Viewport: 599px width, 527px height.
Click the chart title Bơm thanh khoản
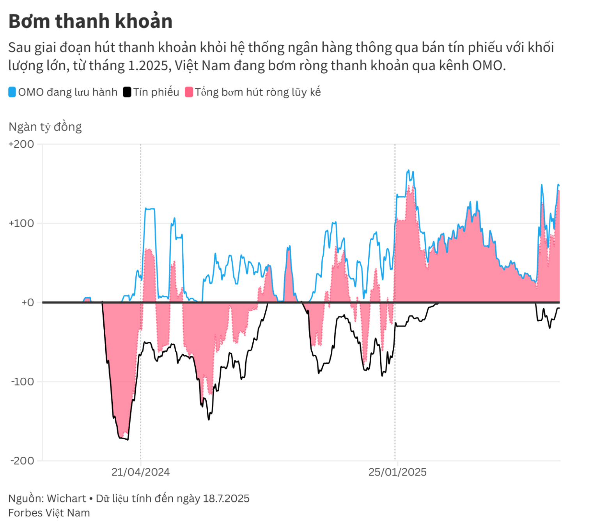pos(90,21)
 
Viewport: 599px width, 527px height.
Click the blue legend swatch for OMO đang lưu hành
pos(12,92)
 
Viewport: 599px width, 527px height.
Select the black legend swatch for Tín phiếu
pos(127,92)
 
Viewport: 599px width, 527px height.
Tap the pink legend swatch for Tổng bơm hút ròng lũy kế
pos(189,92)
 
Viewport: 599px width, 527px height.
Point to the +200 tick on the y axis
pos(21,144)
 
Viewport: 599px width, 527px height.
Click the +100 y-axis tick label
pos(21,223)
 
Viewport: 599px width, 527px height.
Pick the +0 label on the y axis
pos(27,302)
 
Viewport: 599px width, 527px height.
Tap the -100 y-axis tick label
pos(23,382)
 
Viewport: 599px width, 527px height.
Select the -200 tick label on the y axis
pos(23,461)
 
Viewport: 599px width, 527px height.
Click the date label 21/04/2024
pos(140,472)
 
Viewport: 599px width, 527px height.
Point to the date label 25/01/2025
pos(397,472)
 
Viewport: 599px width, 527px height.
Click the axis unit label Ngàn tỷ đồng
pos(45,127)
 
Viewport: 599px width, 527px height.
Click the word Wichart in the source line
pos(66,499)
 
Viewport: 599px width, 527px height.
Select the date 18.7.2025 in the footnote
pos(226,499)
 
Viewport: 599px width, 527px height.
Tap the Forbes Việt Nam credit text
pos(49,513)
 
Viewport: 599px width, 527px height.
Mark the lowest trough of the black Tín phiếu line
pos(128,440)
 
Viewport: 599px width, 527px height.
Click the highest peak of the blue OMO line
pos(408,170)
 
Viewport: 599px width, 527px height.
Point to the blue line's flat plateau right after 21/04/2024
pos(150,209)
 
